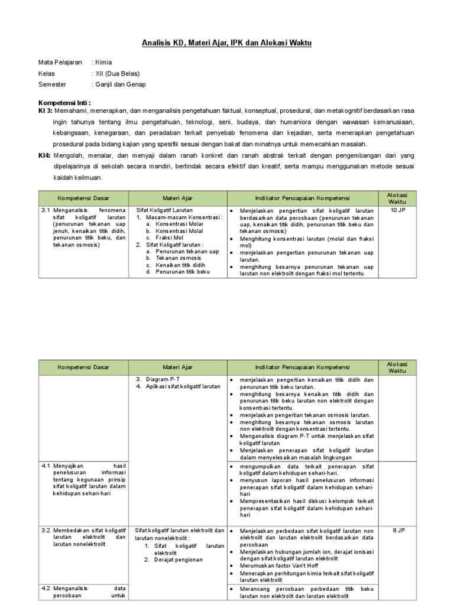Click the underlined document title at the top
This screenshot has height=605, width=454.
[x=226, y=43]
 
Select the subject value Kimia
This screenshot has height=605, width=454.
[x=104, y=62]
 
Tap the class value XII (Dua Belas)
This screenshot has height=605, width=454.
[x=118, y=73]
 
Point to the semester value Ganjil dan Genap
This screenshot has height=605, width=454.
[x=121, y=84]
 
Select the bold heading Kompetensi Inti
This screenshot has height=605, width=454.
[x=64, y=102]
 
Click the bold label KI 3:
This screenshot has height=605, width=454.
[x=46, y=111]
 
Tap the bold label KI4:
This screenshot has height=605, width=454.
[x=45, y=155]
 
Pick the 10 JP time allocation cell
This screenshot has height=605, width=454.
[x=398, y=210]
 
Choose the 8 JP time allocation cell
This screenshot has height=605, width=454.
[x=398, y=531]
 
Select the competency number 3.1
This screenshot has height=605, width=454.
[x=46, y=210]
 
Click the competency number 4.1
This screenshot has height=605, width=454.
[x=46, y=466]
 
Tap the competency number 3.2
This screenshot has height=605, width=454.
[x=46, y=531]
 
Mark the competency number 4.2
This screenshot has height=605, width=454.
[x=46, y=588]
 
